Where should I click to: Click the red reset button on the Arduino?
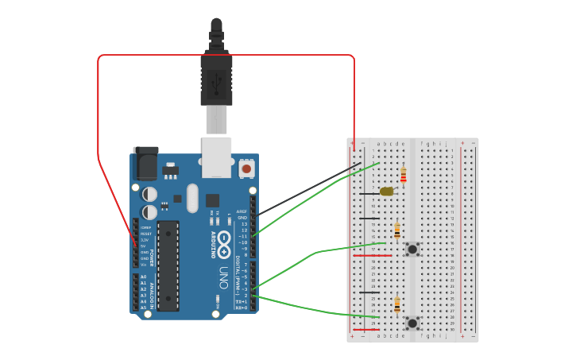tap(246, 168)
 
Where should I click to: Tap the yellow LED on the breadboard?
tap(387, 192)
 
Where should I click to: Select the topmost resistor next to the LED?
tap(404, 175)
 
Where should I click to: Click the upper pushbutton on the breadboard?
tap(412, 250)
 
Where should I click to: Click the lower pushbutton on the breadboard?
tap(412, 323)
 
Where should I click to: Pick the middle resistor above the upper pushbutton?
tap(397, 230)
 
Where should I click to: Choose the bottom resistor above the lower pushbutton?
tap(397, 304)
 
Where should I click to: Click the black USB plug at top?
tap(216, 72)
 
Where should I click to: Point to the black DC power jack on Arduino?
tap(145, 163)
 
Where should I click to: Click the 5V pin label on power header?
tap(145, 246)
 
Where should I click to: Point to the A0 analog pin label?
tap(144, 277)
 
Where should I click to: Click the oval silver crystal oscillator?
tap(192, 198)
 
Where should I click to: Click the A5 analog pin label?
tap(144, 308)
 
